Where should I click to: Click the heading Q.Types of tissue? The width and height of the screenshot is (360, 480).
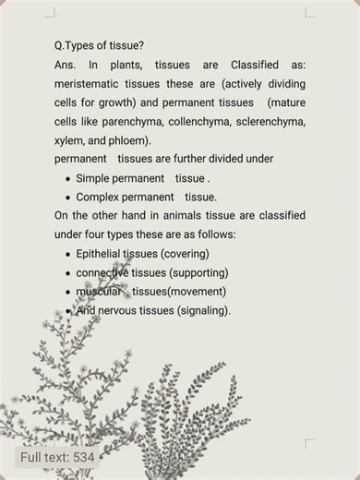coord(99,45)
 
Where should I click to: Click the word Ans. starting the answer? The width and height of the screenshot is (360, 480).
coord(66,65)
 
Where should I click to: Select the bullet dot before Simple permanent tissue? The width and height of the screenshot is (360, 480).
coord(68,178)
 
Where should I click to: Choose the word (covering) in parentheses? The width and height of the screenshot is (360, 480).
coord(184,254)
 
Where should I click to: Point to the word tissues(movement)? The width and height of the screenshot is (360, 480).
coord(173,292)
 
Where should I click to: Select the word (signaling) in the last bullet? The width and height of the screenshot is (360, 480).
coord(203,310)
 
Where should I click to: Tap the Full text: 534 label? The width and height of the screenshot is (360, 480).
coord(57,457)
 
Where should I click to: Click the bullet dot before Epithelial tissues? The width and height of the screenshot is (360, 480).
coord(68,254)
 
